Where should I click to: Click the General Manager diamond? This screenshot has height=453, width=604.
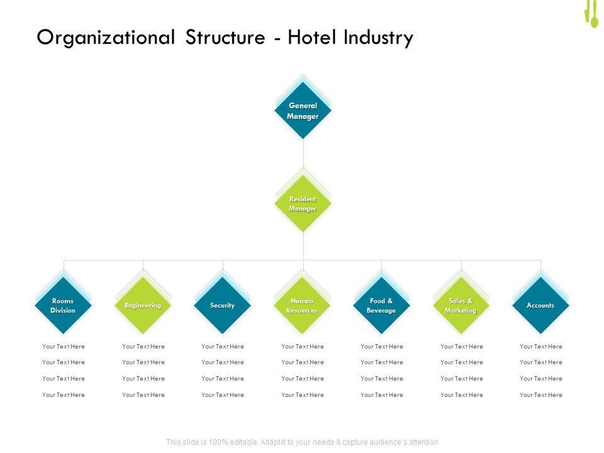pos(303,111)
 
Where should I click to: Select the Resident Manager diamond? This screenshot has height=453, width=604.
pos(303,204)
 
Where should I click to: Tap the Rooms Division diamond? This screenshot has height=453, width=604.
pos(63,306)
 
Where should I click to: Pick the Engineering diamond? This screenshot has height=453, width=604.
pos(143,306)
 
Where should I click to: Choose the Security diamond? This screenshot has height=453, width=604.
pos(223,306)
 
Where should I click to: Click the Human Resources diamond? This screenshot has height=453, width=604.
pos(302,306)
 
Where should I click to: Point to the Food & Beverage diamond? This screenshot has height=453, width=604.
pos(382,306)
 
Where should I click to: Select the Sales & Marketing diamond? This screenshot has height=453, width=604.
pos(461,306)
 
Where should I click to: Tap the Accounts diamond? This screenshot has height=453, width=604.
pos(540,306)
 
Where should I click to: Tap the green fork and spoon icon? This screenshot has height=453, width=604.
pos(591,14)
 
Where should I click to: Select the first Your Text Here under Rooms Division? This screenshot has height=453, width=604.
pos(64,347)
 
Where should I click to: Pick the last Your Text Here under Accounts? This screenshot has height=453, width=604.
pos(541,395)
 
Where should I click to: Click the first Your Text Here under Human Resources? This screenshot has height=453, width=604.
pos(303,347)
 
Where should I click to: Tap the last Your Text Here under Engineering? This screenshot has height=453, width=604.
pos(143,395)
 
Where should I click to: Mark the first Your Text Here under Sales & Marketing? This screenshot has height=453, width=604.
pos(462,347)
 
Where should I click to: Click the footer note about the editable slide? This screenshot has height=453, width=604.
pos(302,442)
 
